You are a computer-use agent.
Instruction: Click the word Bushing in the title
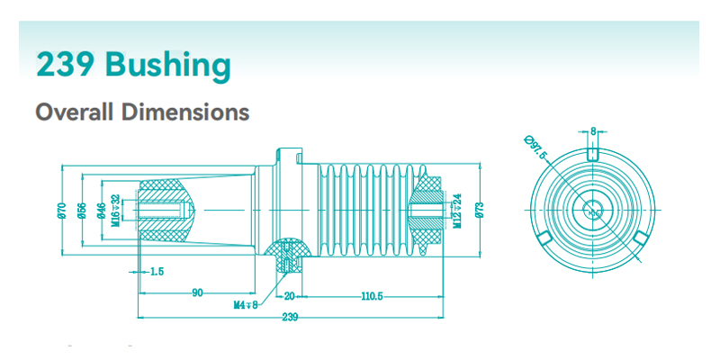(167, 65)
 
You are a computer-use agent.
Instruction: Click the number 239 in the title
(67, 65)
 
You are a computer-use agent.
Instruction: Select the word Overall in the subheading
(75, 112)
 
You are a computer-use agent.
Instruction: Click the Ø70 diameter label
(62, 210)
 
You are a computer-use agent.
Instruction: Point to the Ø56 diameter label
(82, 210)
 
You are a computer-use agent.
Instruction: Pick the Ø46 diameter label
(102, 210)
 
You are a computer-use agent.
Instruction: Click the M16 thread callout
(115, 211)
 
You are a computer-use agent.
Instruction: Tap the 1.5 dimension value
(157, 271)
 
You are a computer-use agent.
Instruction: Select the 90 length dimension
(196, 294)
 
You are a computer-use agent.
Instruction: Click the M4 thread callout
(245, 305)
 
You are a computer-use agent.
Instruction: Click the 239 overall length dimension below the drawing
(290, 317)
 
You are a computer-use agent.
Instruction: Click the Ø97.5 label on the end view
(535, 147)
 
